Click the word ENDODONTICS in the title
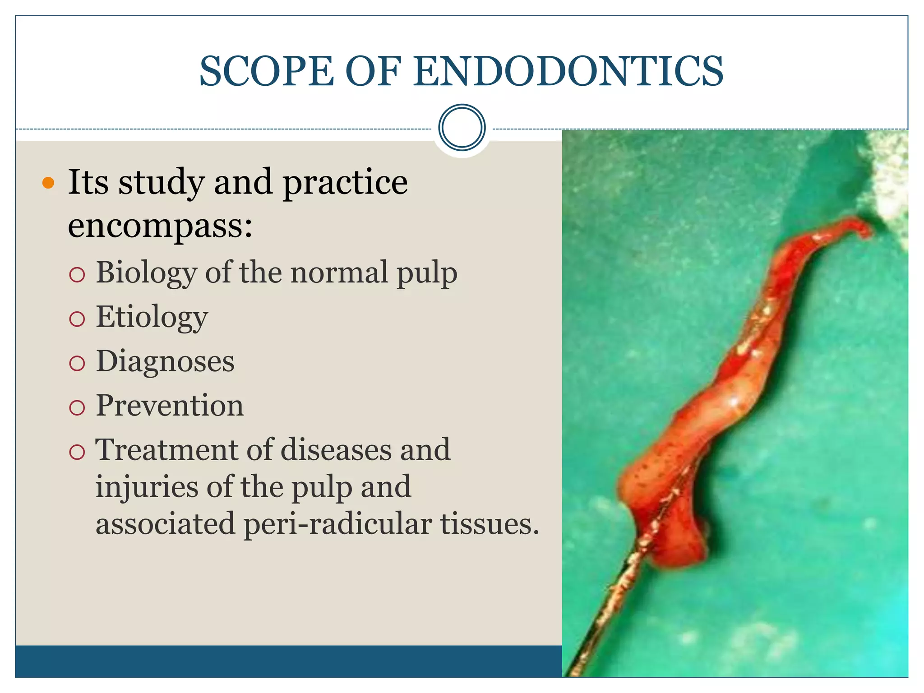[x=568, y=71]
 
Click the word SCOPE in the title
[x=266, y=71]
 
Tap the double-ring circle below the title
[x=462, y=128]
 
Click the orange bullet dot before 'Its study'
[x=48, y=183]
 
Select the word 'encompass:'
[x=160, y=226]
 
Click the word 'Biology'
[x=146, y=273]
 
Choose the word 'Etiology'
[x=152, y=317]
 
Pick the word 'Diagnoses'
[x=165, y=361]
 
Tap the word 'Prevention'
[x=170, y=406]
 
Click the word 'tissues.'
[x=490, y=523]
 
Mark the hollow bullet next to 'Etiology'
[x=77, y=319]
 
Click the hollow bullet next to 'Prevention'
[x=77, y=407]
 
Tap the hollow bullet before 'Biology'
[x=77, y=275]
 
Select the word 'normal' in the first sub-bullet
[x=339, y=273]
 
